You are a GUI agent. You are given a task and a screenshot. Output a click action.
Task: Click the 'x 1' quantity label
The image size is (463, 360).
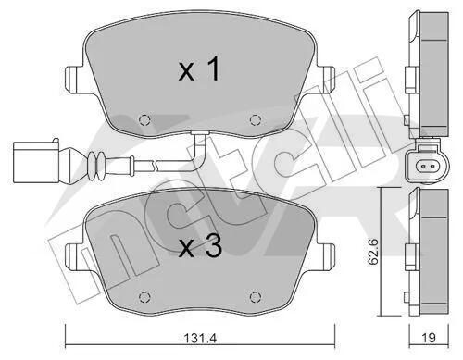click(x=199, y=69)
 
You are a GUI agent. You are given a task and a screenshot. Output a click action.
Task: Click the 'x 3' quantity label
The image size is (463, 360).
click(x=200, y=246)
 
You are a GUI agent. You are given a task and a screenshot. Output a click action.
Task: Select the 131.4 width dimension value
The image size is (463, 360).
click(x=200, y=338)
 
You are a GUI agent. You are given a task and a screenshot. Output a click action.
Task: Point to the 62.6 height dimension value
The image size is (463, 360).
click(x=373, y=251)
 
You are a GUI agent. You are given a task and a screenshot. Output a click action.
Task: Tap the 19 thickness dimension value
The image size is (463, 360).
click(x=429, y=338)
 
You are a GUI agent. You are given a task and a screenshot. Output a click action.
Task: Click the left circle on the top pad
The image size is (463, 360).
click(x=144, y=119)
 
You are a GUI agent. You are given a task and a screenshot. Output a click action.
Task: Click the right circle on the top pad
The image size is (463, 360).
click(x=256, y=119)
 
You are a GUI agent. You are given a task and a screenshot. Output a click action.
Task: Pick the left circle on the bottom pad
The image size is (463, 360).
click(x=144, y=297)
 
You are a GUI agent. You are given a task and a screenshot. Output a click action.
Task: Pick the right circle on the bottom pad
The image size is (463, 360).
click(x=256, y=297)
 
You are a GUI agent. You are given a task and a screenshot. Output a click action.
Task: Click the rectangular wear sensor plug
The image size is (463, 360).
click(x=36, y=161)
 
